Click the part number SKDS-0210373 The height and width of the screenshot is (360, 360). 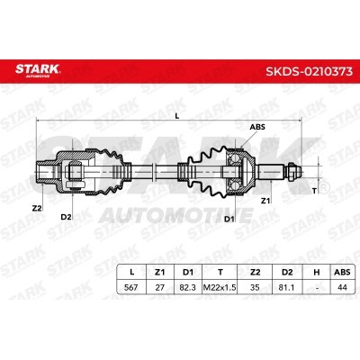pyautogui.click(x=309, y=71)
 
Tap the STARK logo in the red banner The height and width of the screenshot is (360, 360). pyautogui.click(x=38, y=70)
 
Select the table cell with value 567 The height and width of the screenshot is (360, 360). pyautogui.click(x=131, y=287)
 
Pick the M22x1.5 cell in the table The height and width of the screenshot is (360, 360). pyautogui.click(x=220, y=287)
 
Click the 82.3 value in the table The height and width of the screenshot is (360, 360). pyautogui.click(x=187, y=287)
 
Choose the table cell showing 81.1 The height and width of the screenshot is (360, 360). pyautogui.click(x=286, y=287)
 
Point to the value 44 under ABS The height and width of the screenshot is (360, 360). pyautogui.click(x=342, y=287)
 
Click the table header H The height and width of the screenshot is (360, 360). pyautogui.click(x=317, y=272)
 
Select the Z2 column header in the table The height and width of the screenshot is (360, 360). pyautogui.click(x=255, y=272)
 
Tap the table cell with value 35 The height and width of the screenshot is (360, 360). pyautogui.click(x=255, y=287)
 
